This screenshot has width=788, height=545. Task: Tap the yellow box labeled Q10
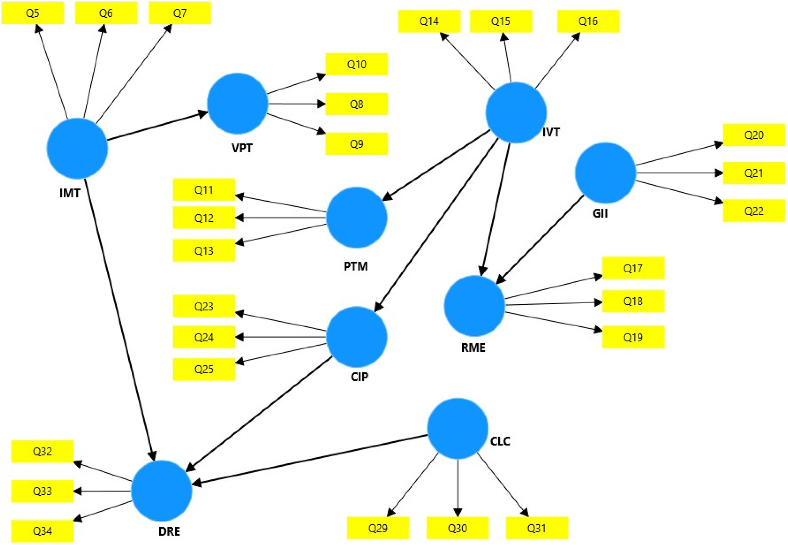[357, 64]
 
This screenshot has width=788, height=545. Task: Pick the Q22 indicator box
[753, 211]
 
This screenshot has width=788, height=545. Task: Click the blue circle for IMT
[77, 148]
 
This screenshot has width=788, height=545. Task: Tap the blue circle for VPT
[237, 103]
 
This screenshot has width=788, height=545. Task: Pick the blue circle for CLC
[457, 429]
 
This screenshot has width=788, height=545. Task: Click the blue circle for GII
[605, 173]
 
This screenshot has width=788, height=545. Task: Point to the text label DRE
[169, 531]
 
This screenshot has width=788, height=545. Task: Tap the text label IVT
[551, 132]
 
